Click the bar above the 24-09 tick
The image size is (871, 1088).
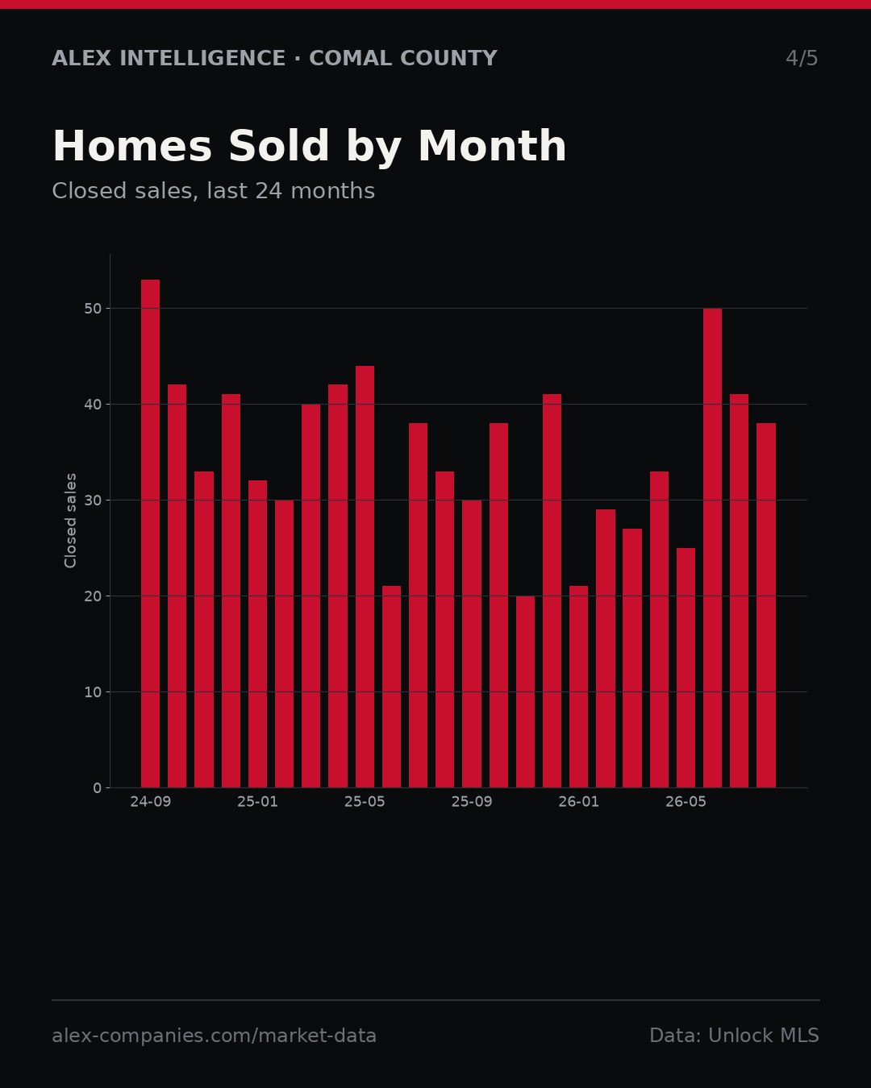[x=150, y=534]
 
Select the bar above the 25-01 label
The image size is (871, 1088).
[x=257, y=634]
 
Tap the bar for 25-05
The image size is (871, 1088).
[x=365, y=577]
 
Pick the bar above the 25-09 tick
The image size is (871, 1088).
[x=472, y=644]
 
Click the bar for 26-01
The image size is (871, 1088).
[x=578, y=687]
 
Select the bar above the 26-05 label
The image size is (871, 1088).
[x=686, y=668]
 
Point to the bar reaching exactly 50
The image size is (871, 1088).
[x=713, y=548]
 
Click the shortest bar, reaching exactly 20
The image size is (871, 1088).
[x=525, y=691]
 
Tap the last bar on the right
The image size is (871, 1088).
[x=766, y=605]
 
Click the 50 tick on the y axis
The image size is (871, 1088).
[x=93, y=309]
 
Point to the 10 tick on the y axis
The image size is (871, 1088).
[x=93, y=692]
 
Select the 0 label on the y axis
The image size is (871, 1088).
[x=98, y=788]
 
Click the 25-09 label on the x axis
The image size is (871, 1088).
[x=472, y=802]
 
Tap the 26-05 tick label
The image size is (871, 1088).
[x=686, y=802]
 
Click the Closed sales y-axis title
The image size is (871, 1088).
[x=71, y=521]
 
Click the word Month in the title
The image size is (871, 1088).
[x=492, y=147]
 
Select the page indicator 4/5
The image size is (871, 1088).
[x=802, y=59]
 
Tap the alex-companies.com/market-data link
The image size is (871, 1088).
[x=214, y=1036]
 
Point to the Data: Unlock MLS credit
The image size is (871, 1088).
[x=735, y=1036]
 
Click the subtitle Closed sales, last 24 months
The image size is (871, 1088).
[x=213, y=191]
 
